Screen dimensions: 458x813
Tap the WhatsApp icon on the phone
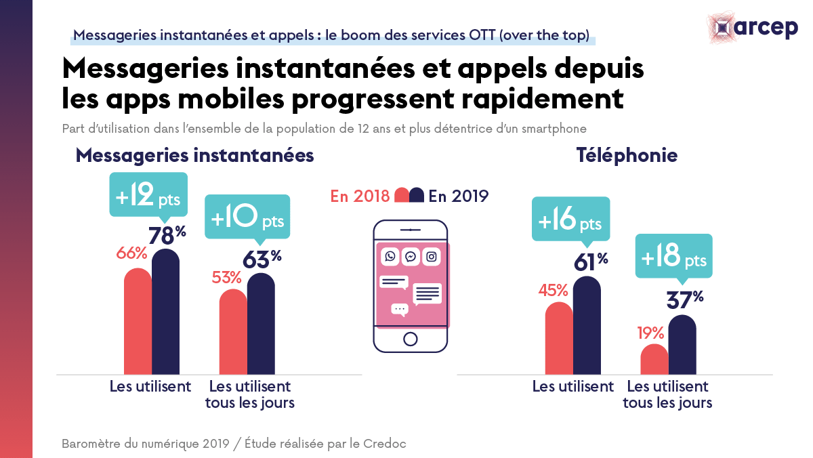click(390, 257)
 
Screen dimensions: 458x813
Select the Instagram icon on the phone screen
click(432, 257)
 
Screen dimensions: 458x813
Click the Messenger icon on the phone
click(411, 257)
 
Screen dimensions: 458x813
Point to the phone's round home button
click(410, 339)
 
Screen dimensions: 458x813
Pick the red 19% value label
click(650, 333)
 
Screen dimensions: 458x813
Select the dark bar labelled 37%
click(682, 345)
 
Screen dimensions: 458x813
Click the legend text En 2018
click(360, 196)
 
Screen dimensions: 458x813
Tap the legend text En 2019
click(459, 196)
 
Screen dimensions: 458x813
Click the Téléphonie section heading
click(627, 155)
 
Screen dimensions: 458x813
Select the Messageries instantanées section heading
click(194, 155)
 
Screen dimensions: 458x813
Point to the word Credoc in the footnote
click(383, 444)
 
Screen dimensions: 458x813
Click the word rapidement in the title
click(539, 98)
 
